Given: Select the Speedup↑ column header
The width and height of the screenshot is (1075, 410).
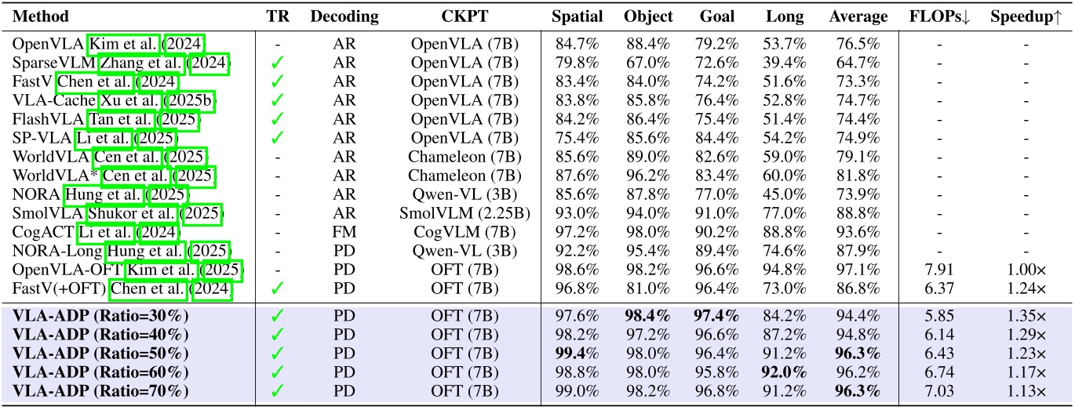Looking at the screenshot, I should click(1019, 16).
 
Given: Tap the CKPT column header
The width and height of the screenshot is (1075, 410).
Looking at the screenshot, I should click(464, 16).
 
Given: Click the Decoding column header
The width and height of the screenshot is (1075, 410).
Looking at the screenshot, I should click(344, 16).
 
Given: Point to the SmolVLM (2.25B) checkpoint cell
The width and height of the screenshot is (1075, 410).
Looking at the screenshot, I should click(464, 212).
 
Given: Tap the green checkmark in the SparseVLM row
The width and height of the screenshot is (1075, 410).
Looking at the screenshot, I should click(276, 62).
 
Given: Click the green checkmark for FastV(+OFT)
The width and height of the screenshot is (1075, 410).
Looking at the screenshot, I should click(276, 289).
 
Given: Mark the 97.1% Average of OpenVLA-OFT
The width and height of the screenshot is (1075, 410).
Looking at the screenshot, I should click(858, 269).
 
